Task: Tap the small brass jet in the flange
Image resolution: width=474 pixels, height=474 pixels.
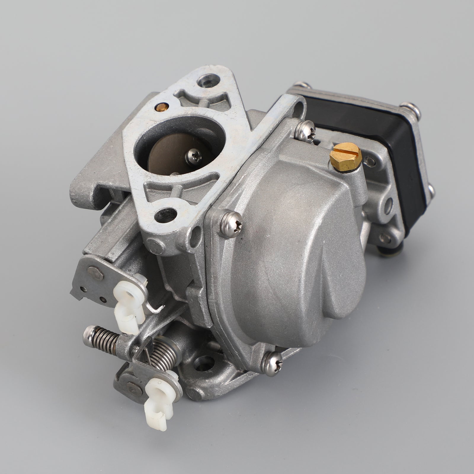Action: pos(161,105)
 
